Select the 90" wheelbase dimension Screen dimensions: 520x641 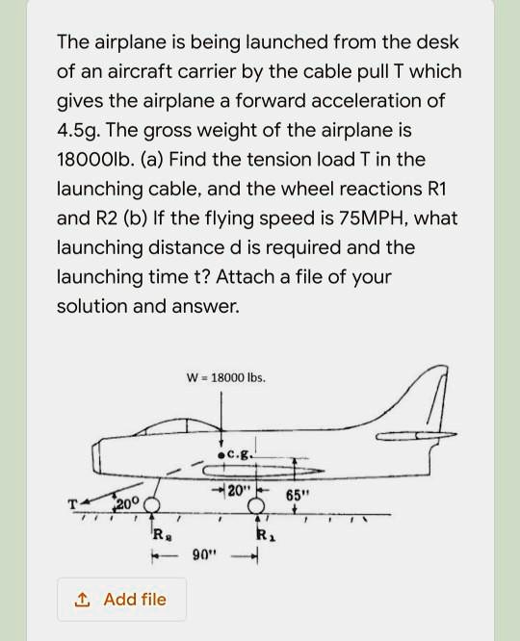tap(204, 555)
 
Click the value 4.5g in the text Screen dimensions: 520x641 tap(81, 130)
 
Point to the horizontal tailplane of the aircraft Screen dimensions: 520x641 tap(409, 437)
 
